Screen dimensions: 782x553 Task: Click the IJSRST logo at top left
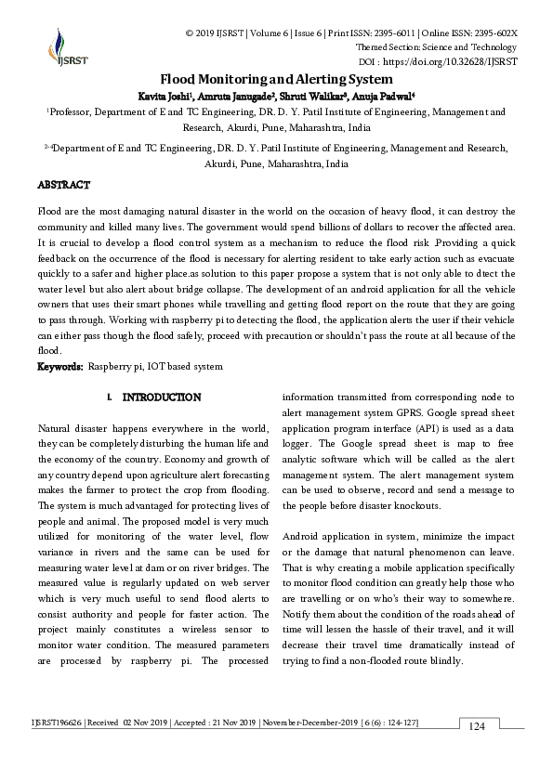(58, 48)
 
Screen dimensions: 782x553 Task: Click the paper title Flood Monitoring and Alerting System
(276, 80)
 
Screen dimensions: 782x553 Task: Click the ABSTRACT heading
(63, 186)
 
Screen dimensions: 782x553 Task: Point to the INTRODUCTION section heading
(162, 398)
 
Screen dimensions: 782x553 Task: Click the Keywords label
(59, 367)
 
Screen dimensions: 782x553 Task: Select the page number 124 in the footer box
(478, 726)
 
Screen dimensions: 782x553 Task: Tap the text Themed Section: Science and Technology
(436, 47)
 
